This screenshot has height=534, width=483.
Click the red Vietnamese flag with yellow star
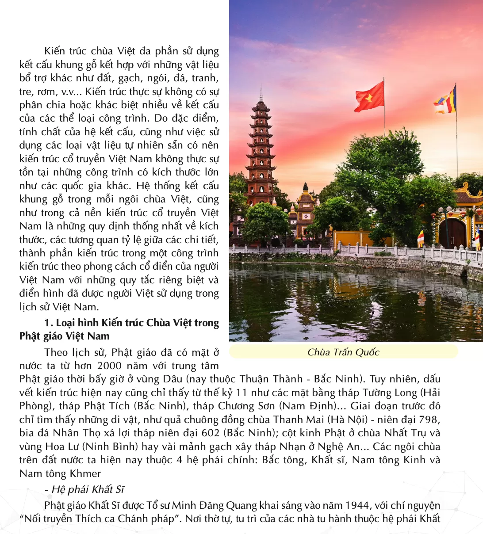[369, 97]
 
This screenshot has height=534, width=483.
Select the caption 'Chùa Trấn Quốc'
[343, 352]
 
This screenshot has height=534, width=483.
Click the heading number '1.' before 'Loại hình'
[49, 323]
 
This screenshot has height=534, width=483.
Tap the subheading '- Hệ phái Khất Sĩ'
[84, 489]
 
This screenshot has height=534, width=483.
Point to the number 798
[429, 420]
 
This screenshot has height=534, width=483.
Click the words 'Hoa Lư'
[59, 446]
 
